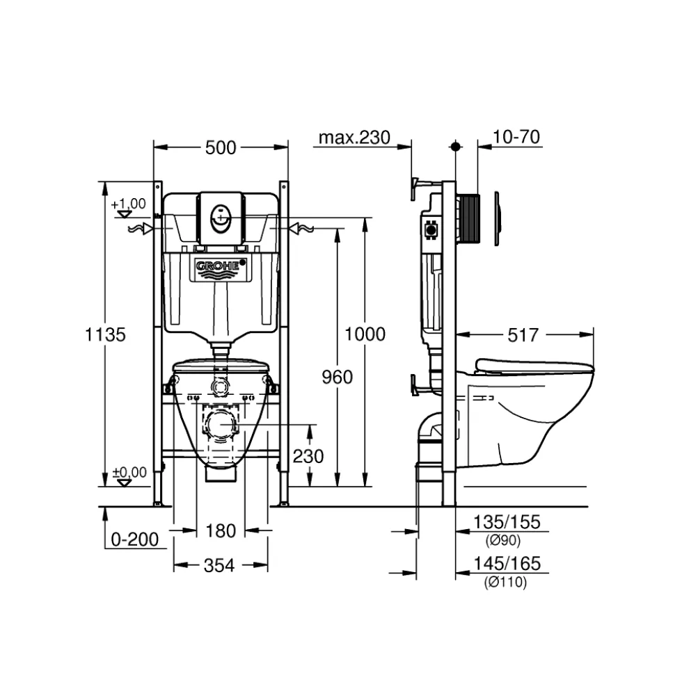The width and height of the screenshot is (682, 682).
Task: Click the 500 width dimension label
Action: (x=221, y=148)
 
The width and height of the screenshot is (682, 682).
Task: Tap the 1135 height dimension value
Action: (x=105, y=335)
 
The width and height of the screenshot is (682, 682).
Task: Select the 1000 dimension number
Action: (x=365, y=334)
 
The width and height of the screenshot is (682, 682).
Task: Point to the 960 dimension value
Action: (x=337, y=377)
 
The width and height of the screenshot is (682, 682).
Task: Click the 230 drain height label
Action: (x=308, y=457)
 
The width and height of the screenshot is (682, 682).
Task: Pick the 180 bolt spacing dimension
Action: (x=221, y=531)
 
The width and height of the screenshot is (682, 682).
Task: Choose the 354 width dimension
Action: (x=219, y=566)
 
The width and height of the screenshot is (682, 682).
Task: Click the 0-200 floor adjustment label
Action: (x=134, y=539)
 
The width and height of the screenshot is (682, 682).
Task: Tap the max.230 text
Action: (x=354, y=138)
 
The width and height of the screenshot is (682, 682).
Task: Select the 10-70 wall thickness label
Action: (x=516, y=137)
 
